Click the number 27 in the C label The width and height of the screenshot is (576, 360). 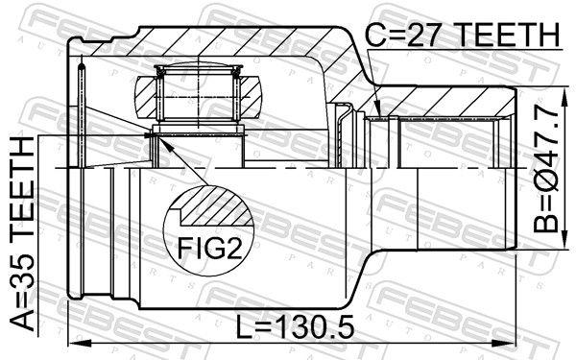tap(421, 36)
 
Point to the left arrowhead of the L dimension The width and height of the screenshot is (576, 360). tap(74, 342)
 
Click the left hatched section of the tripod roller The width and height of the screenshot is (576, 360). tap(143, 97)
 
